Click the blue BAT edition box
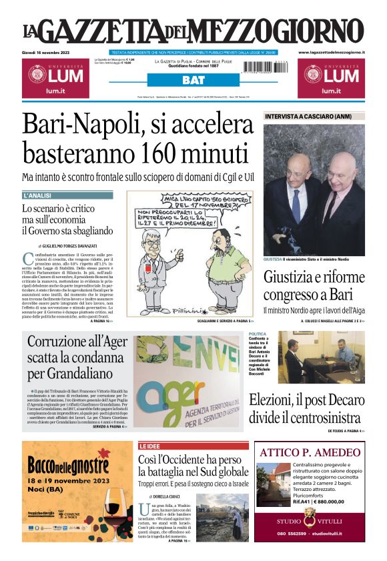tap(193, 80)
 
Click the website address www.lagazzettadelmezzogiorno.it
tap(331, 52)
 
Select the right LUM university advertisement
tap(331, 77)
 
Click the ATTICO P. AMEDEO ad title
tap(310, 452)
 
